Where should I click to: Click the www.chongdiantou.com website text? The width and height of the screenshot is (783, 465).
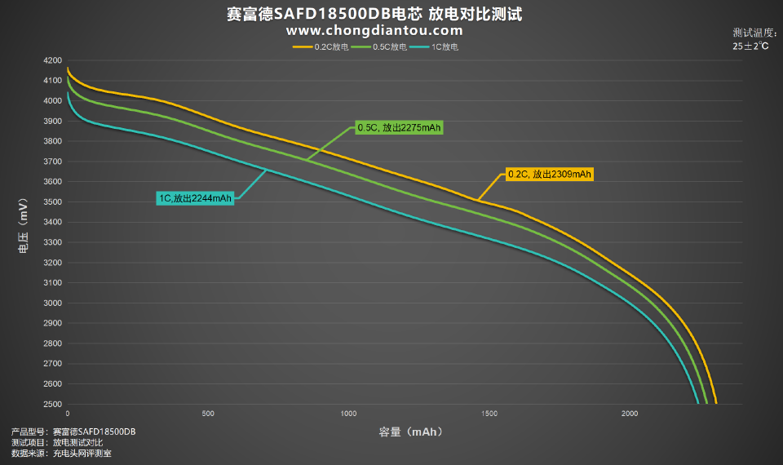(x=374, y=30)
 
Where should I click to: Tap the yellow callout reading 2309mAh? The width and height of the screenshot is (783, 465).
(x=549, y=174)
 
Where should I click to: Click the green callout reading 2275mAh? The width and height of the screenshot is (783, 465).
(x=400, y=128)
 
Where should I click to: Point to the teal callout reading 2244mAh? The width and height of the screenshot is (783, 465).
(x=197, y=197)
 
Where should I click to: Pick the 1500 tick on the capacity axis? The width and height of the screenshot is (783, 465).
(x=489, y=414)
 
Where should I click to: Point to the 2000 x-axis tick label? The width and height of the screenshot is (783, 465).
(x=628, y=414)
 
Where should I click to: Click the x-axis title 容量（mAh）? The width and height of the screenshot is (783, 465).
(x=410, y=431)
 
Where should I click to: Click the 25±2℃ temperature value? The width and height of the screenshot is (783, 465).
(x=750, y=46)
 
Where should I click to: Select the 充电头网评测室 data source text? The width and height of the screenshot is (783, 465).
(x=82, y=453)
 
